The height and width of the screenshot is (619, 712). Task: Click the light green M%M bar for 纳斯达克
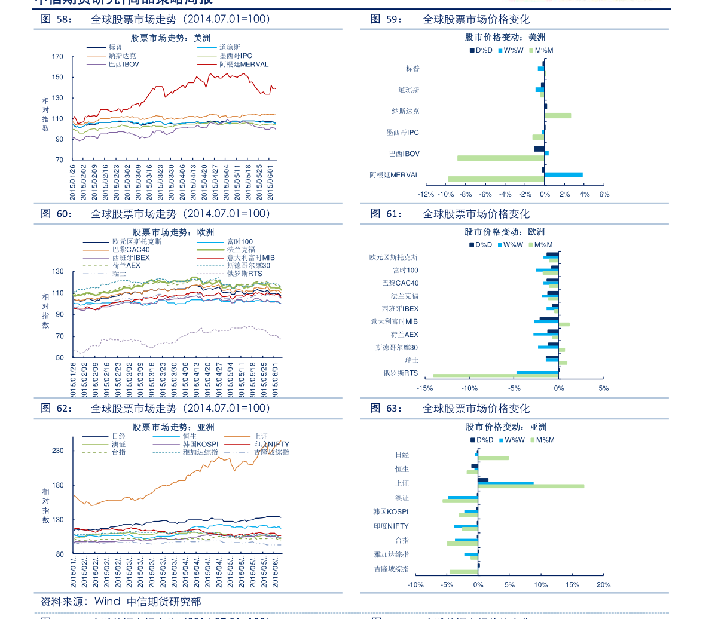pyautogui.click(x=558, y=115)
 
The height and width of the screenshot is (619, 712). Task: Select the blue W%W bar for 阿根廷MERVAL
pyautogui.click(x=563, y=174)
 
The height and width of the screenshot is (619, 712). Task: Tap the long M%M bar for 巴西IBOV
pyautogui.click(x=501, y=158)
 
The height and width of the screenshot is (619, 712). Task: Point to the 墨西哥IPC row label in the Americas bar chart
pyautogui.click(x=402, y=132)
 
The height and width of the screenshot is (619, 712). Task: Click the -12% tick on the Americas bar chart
pyautogui.click(x=426, y=194)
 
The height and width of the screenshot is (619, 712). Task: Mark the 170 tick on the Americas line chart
pyautogui.click(x=57, y=57)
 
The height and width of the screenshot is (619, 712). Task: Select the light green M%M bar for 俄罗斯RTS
pyautogui.click(x=495, y=376)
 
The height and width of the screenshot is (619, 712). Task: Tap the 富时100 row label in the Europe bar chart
pyautogui.click(x=406, y=270)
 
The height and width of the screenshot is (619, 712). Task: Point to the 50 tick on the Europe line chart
pyautogui.click(x=59, y=357)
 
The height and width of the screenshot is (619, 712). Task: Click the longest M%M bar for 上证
pyautogui.click(x=531, y=486)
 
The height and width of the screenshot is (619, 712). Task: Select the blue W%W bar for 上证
pyautogui.click(x=506, y=483)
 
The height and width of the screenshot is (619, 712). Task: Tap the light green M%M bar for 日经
pyautogui.click(x=493, y=458)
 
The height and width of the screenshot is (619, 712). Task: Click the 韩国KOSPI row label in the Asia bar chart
pyautogui.click(x=391, y=511)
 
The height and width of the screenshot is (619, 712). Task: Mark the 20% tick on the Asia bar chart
pyautogui.click(x=603, y=584)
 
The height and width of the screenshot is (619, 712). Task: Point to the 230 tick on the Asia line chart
pyautogui.click(x=57, y=451)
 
